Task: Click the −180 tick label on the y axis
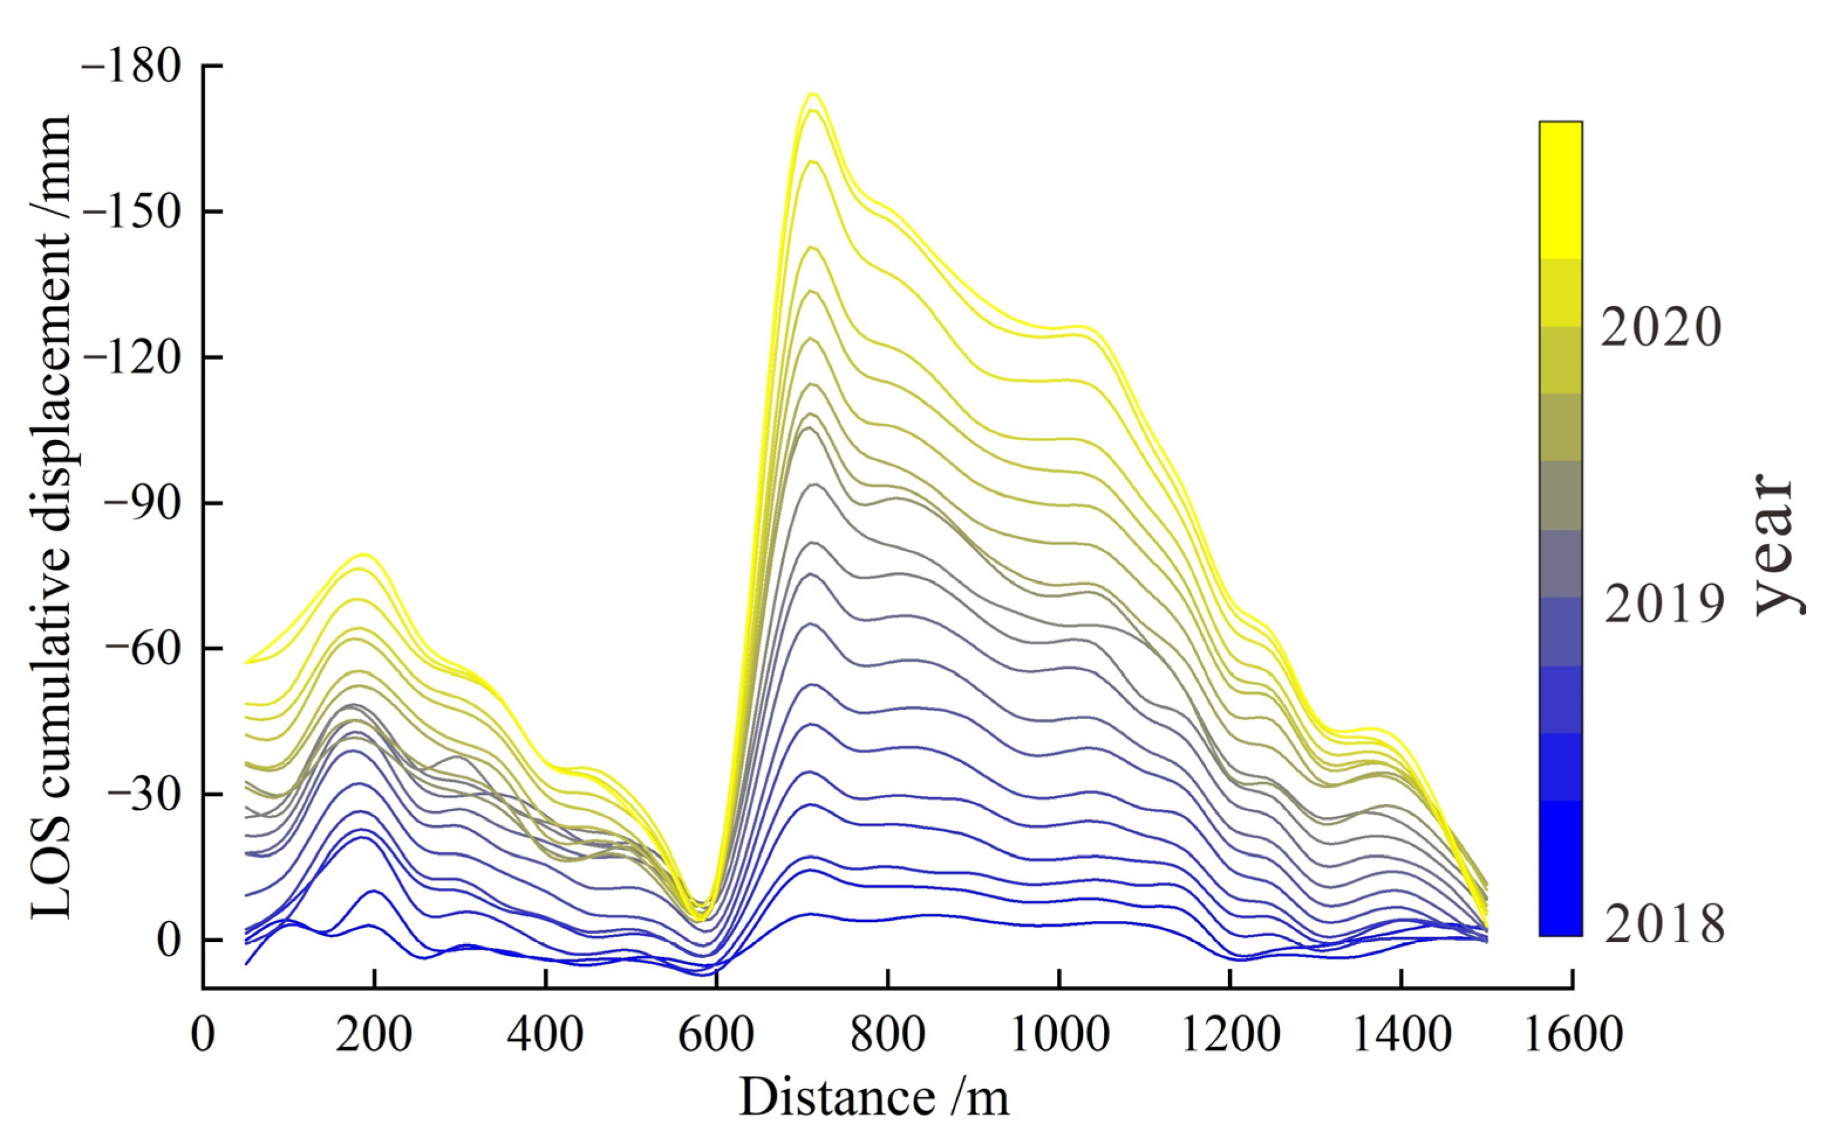(x=132, y=66)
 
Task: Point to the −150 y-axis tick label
(x=132, y=211)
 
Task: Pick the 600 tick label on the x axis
(x=716, y=1034)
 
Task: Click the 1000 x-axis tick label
(x=1059, y=1034)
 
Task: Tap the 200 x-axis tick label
(x=374, y=1034)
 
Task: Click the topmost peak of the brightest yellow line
(x=812, y=94)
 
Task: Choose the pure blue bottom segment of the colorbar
(x=1560, y=867)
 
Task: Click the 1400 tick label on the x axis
(x=1401, y=1034)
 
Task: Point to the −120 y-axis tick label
(x=132, y=358)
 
